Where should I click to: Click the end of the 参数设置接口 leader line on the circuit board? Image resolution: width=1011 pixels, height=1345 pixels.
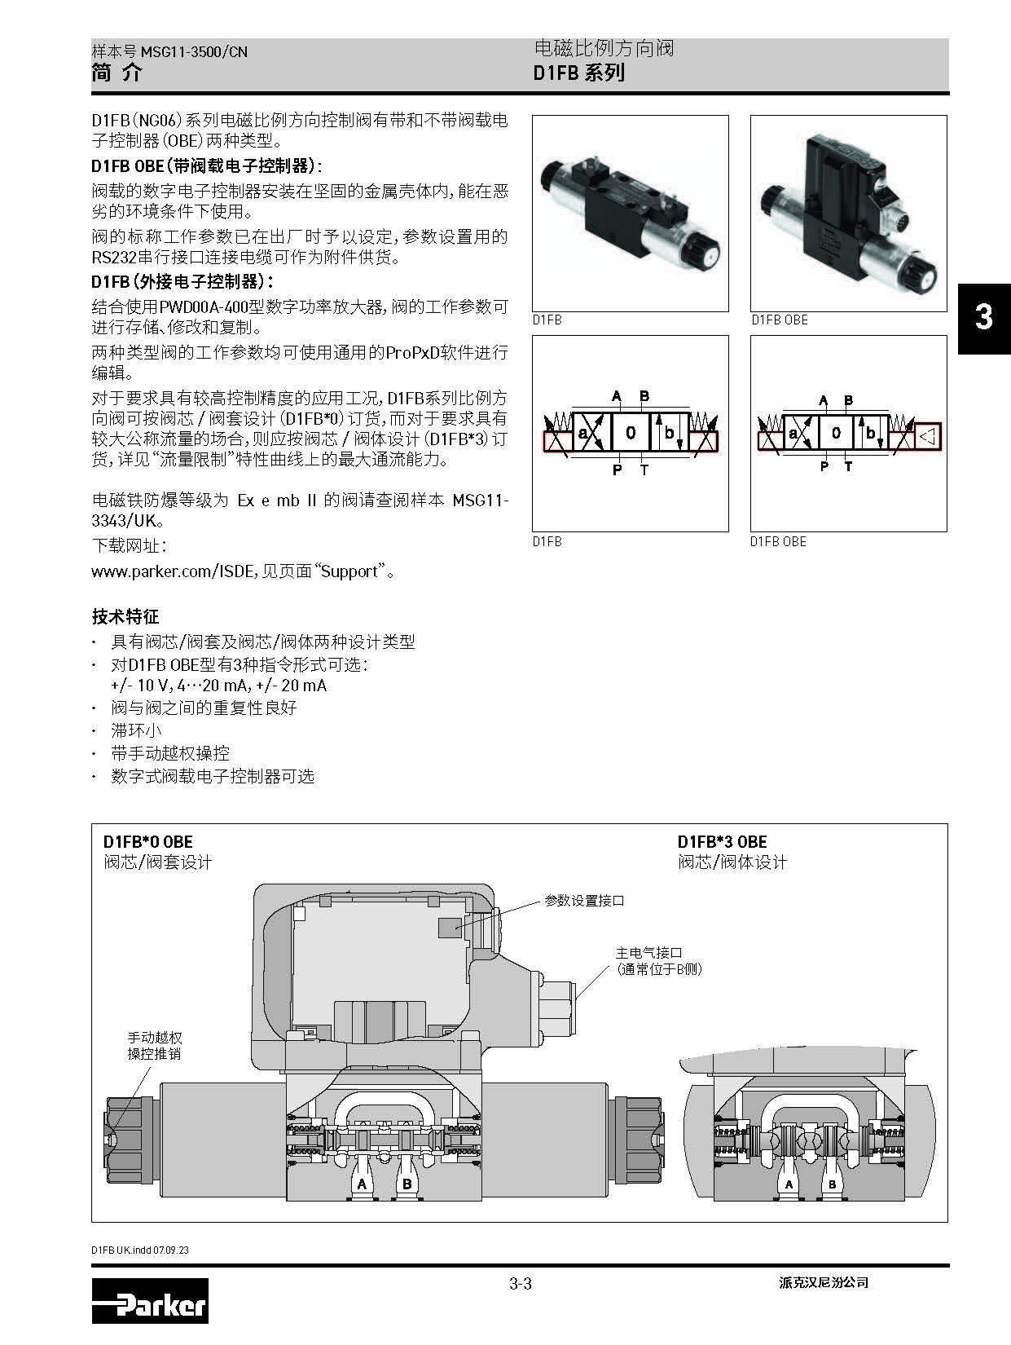coord(455,927)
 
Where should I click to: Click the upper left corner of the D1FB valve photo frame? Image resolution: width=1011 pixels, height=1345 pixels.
coord(533,116)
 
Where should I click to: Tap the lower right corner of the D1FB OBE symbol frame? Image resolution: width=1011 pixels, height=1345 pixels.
coord(947,531)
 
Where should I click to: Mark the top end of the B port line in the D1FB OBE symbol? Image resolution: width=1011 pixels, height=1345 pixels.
coord(848,408)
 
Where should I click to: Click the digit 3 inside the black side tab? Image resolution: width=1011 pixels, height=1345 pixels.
coord(984,317)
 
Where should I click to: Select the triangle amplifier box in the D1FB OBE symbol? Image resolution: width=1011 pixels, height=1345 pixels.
coord(927,436)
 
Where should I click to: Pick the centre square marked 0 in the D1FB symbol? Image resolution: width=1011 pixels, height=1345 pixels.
coord(631,433)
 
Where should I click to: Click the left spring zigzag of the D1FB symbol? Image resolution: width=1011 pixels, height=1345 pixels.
coord(559,422)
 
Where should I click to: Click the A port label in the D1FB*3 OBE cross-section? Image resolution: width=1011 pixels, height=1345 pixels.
coord(789,1184)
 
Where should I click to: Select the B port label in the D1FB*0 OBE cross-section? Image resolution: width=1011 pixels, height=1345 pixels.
coord(407,1184)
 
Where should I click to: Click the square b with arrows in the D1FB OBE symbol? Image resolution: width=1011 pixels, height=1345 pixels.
coord(870,434)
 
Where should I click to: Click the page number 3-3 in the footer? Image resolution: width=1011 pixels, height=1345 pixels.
coord(521,1283)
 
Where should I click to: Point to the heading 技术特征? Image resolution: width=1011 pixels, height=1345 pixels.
coord(125,616)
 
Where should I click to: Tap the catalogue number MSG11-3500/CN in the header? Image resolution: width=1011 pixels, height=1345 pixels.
coord(194,51)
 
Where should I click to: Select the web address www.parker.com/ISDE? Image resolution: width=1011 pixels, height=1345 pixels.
coord(174,571)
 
